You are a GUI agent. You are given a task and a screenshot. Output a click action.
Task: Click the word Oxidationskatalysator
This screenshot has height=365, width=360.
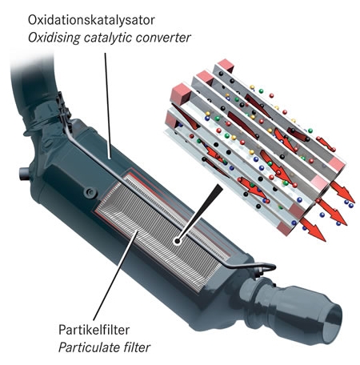tap(91, 20)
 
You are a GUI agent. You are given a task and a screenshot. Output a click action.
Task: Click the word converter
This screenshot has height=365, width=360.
tap(163, 38)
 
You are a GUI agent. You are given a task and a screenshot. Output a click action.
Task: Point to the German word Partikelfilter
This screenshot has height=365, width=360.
tap(94, 330)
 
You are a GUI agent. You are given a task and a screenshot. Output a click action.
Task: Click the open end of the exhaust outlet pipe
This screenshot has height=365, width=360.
tap(332, 323)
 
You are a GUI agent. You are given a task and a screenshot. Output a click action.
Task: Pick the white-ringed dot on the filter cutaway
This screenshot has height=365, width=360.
tap(177, 242)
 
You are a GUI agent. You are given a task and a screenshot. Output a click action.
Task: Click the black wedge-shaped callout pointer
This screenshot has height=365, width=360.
tap(202, 211)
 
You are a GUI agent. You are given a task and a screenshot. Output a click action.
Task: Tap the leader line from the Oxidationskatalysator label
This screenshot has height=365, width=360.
tap(107, 106)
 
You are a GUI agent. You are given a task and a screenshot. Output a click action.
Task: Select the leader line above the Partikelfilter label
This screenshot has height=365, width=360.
tap(115, 275)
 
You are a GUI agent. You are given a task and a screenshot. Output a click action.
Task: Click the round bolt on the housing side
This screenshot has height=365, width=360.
tap(90, 192)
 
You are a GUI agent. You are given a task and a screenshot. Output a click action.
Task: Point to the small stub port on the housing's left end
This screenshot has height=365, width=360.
tap(24, 174)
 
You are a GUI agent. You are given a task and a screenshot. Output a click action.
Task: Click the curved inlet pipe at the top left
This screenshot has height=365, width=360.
tap(34, 86)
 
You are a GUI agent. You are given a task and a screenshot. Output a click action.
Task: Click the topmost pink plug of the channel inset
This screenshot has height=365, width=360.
tap(226, 66)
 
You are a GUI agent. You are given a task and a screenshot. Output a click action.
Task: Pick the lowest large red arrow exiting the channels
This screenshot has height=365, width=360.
tap(313, 229)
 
